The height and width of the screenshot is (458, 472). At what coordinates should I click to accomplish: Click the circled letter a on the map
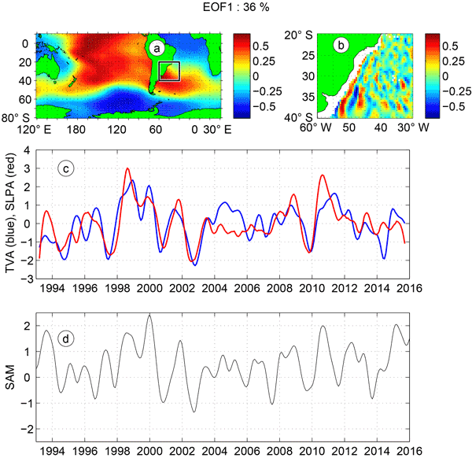coord(157,48)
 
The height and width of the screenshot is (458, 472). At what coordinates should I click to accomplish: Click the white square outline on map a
coord(169,71)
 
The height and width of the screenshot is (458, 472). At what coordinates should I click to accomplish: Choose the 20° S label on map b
coord(301,36)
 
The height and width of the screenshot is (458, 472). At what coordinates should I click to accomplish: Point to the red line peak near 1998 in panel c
coord(127,168)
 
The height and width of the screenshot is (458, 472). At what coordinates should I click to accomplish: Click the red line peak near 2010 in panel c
coord(323,175)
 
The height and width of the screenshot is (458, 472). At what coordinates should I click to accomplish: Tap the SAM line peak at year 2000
coord(149,315)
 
